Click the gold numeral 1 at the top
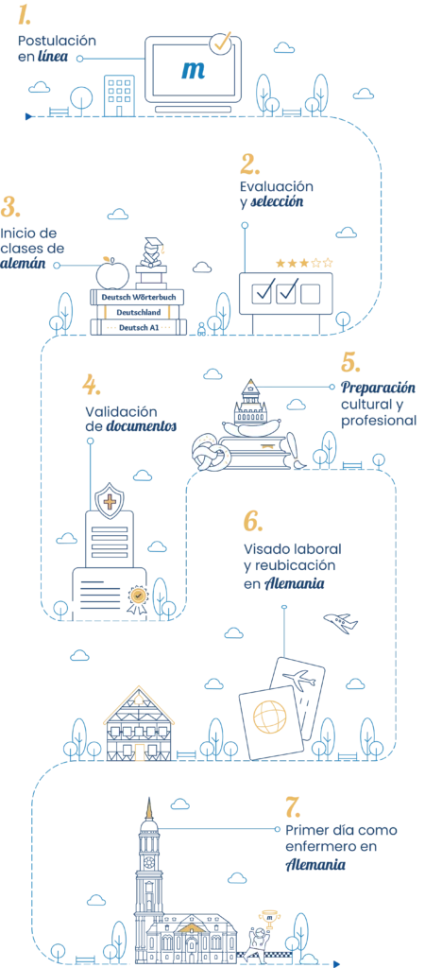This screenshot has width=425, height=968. [x=25, y=15]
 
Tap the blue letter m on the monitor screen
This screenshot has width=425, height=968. [x=193, y=70]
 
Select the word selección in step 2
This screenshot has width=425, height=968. [x=277, y=202]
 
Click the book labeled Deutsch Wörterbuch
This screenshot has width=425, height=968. [x=138, y=297]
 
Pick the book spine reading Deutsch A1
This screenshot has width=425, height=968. [x=138, y=327]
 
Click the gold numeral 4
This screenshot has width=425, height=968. [x=92, y=386]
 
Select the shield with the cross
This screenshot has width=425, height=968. [x=110, y=499]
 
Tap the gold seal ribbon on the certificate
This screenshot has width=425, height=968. [x=138, y=597]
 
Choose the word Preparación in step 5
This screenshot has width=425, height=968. [x=379, y=389]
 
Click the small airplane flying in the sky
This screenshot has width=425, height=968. [x=341, y=622]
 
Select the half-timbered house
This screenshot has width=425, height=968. [x=140, y=723]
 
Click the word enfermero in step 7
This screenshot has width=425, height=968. [x=316, y=846]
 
